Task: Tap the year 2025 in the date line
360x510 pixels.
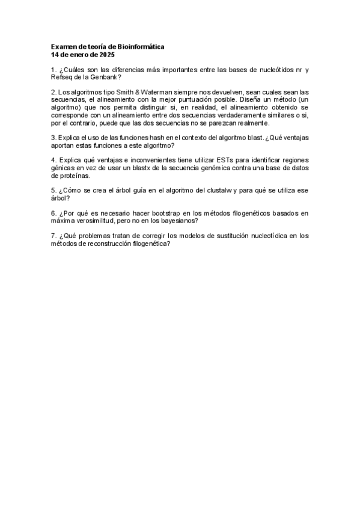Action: point(106,55)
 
